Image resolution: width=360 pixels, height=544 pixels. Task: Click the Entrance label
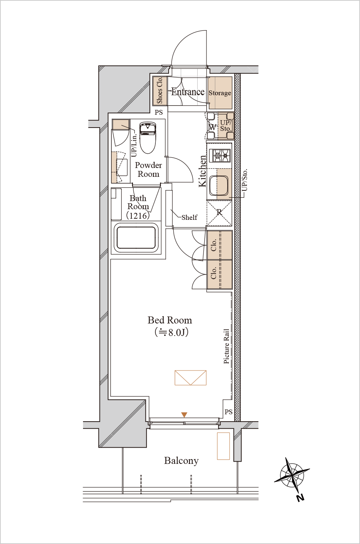coord(188,92)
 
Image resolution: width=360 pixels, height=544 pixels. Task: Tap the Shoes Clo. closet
coord(160,91)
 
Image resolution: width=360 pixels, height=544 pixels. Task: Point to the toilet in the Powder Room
coord(148,137)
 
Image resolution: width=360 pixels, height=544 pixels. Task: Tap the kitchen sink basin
coord(219,186)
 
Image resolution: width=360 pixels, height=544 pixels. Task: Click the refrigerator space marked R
coord(219,213)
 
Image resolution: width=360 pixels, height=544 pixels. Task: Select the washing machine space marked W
coord(212,126)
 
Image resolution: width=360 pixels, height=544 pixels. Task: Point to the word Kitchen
coord(203,171)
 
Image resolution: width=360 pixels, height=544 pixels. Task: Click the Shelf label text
coord(189,217)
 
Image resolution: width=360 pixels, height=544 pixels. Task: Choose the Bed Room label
coord(170,320)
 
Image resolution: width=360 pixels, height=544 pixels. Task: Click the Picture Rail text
coord(226,346)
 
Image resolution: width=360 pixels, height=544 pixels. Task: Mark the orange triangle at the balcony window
coord(184,415)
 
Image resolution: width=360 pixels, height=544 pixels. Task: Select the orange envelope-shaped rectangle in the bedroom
coord(191,377)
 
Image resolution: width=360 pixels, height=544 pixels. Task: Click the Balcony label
coord(181,461)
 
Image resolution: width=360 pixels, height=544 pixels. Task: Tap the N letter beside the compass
coord(300,498)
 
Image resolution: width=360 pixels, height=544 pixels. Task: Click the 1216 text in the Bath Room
coord(138,215)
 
